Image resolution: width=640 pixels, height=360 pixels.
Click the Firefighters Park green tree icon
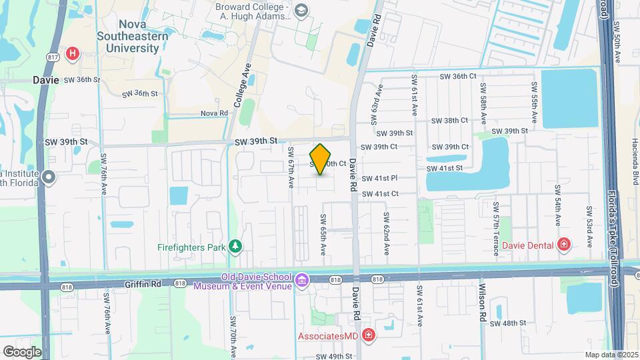[235, 247]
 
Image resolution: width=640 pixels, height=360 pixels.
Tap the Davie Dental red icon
[564, 245]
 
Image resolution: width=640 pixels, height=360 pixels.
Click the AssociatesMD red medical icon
[368, 335]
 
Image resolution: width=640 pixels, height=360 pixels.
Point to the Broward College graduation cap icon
[301, 10]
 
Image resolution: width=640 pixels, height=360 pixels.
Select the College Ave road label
[241, 86]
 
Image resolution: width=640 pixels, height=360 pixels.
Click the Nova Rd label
[215, 113]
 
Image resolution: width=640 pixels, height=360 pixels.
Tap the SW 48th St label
[508, 323]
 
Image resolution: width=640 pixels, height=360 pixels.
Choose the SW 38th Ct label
[450, 121]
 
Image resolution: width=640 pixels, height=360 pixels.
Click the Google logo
[22, 351]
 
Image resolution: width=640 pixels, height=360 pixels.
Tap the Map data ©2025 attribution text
[611, 355]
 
